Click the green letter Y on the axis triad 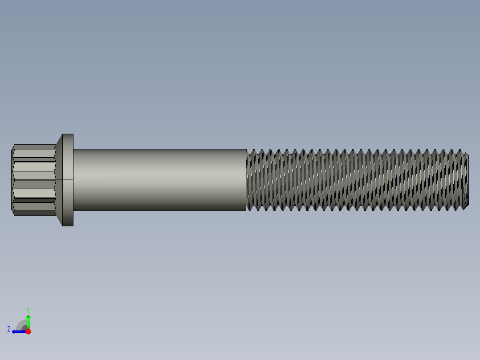[x=28, y=309]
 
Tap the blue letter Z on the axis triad [x=9, y=329]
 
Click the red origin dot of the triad [x=28, y=331]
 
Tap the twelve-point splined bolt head [x=34, y=180]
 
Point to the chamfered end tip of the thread [x=466, y=180]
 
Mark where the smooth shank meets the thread [x=247, y=180]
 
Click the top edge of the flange [x=68, y=134]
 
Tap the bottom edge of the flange [x=68, y=225]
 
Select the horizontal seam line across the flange [x=68, y=180]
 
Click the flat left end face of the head [x=12, y=180]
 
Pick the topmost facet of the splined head [x=34, y=147]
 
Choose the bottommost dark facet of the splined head [x=34, y=213]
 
